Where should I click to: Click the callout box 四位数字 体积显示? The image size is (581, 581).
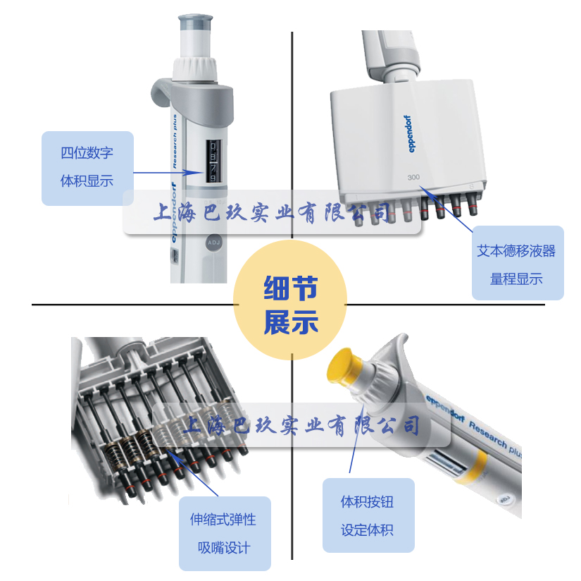87,169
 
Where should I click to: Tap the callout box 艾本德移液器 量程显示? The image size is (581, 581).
518,263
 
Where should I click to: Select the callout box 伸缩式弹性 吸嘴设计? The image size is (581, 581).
224,533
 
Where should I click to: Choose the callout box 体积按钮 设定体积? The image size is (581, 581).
368,515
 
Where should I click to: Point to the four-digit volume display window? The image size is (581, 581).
211,161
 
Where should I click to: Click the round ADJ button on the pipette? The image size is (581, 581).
213,243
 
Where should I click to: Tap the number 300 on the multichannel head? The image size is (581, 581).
413,176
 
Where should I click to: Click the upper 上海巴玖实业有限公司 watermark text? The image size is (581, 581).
271,211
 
